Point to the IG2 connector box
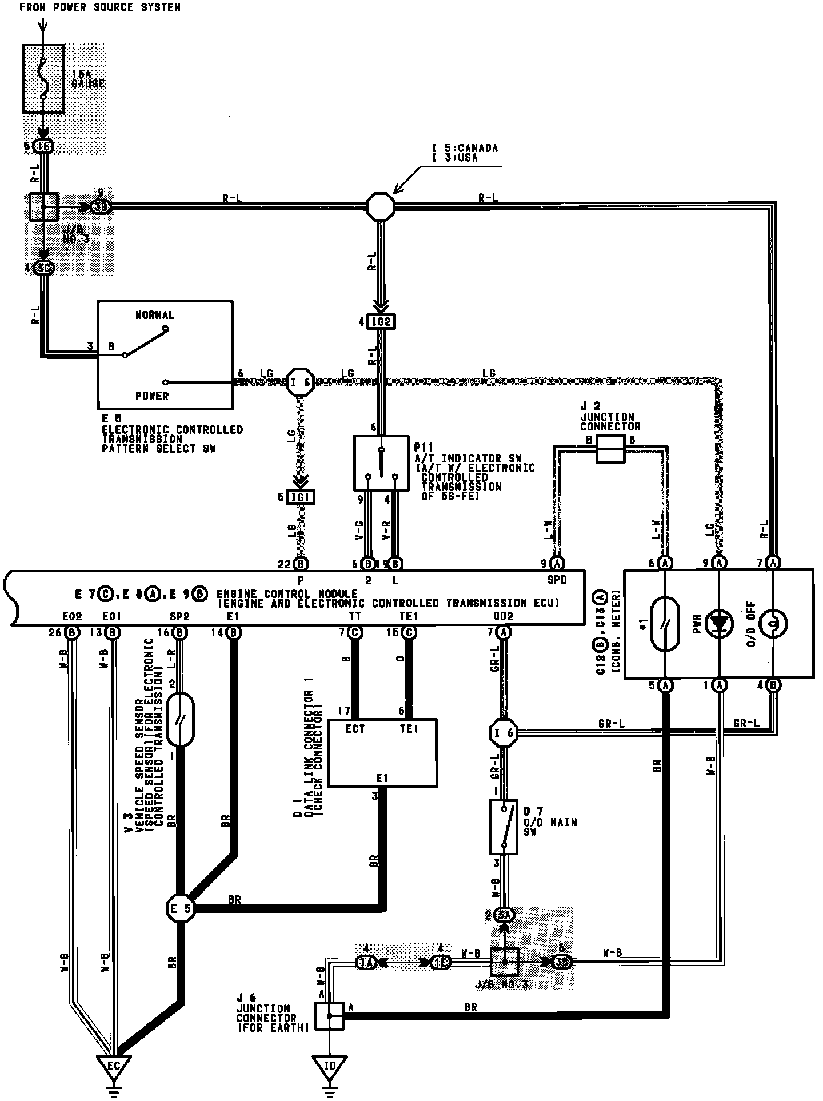[381, 322]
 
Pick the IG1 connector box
[301, 497]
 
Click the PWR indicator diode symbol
[720, 624]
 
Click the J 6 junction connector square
[329, 1015]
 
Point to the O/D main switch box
[504, 827]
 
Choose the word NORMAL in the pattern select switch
[155, 315]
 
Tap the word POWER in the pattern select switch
[152, 396]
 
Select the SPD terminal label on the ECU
[557, 579]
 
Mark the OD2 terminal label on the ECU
[503, 616]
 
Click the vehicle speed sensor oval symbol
[181, 720]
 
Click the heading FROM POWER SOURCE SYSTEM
[100, 7]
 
